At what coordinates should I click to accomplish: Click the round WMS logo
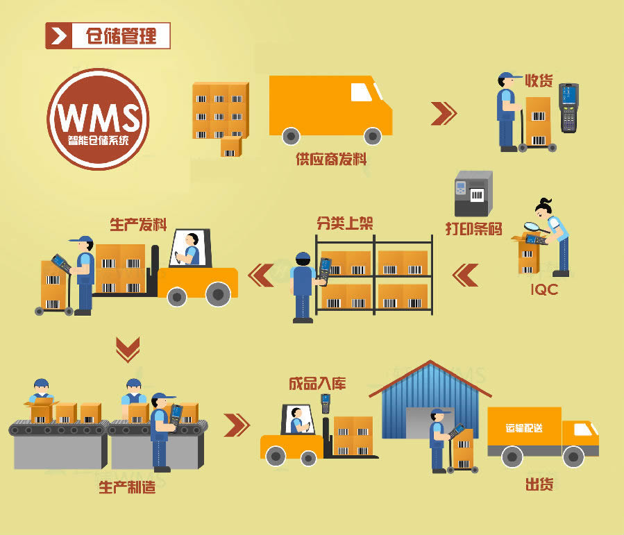coord(98,119)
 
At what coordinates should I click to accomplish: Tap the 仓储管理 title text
coord(121,36)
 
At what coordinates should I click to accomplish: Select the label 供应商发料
coord(331,159)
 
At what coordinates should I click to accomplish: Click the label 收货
coord(539,80)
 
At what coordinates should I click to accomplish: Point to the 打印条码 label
coord(473,229)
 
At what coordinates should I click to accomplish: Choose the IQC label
coord(544,289)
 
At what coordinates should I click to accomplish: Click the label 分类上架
coord(345,223)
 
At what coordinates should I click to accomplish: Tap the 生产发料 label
coord(138,225)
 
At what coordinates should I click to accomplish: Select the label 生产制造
coord(127,487)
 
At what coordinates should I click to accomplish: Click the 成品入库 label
coord(317,384)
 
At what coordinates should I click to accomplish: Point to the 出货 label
coord(539,484)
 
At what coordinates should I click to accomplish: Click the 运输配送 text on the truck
coord(524,428)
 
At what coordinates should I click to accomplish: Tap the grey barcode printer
coord(473,194)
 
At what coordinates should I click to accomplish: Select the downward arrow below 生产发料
coord(128,350)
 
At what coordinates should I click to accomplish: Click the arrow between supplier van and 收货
coord(444,114)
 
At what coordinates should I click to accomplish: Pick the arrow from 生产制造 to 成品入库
coord(237,425)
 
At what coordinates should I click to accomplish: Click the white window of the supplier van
coord(360,92)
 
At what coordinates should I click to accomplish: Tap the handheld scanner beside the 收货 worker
coord(568,108)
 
